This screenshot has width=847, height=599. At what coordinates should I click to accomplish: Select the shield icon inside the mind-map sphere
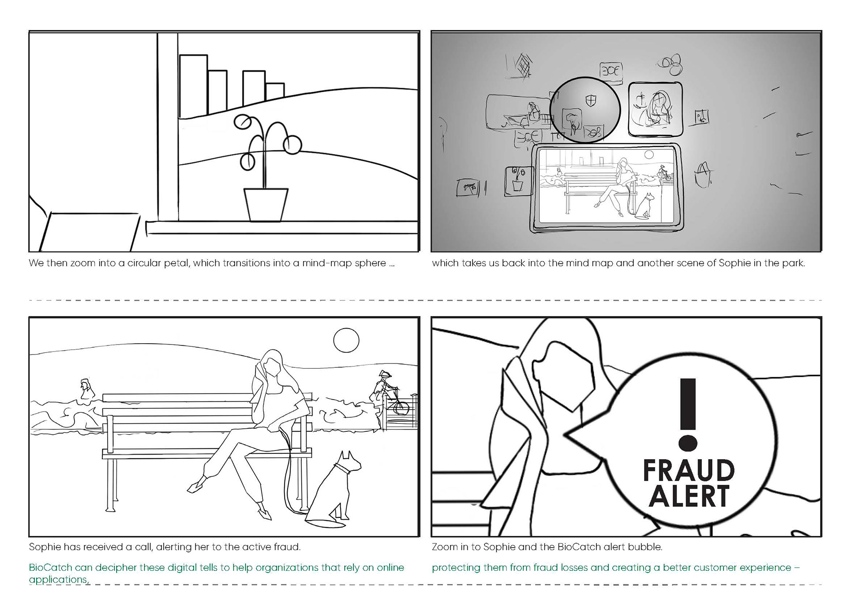(x=590, y=101)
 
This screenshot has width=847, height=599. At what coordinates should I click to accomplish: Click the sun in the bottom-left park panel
(x=346, y=340)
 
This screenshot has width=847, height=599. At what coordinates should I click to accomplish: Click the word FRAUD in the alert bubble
(x=689, y=470)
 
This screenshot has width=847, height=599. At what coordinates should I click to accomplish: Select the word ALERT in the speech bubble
(x=689, y=496)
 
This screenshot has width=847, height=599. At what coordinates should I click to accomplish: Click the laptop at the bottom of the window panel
(x=88, y=232)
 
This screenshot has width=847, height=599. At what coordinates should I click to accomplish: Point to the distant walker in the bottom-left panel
(x=85, y=389)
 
